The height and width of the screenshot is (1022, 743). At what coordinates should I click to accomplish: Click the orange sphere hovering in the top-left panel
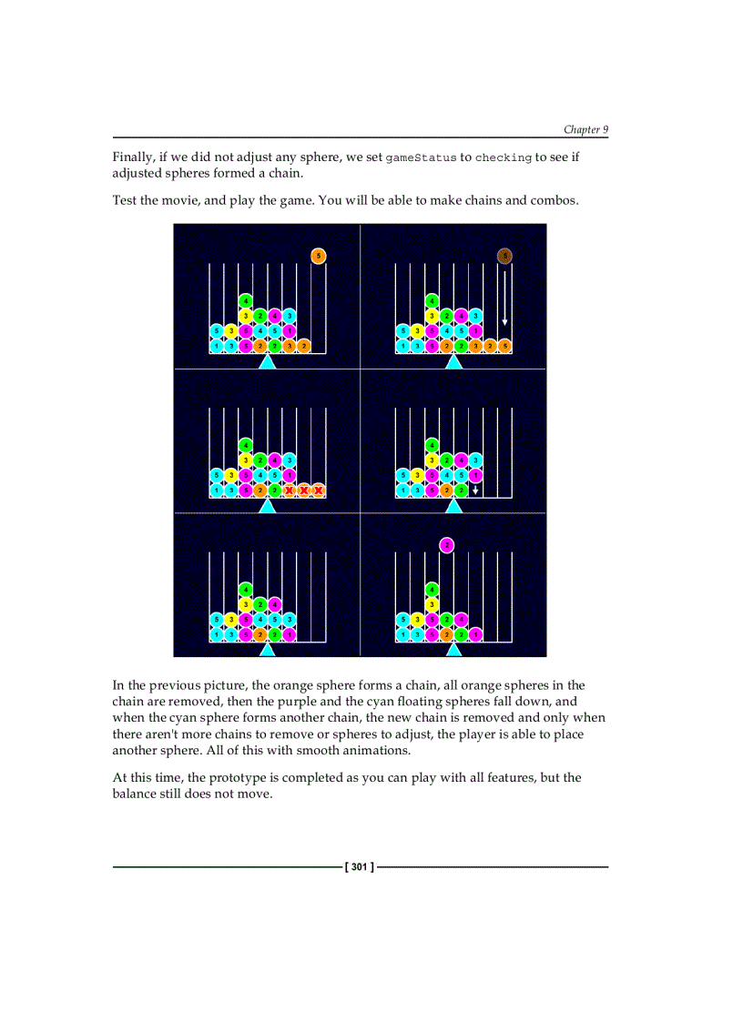pos(318,256)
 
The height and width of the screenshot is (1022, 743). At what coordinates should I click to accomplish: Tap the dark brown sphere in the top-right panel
pos(504,256)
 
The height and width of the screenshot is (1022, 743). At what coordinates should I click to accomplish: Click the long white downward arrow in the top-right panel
pos(504,299)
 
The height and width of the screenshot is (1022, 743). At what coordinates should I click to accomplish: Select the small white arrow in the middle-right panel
pos(475,491)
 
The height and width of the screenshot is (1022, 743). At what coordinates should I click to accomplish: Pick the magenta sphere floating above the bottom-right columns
pos(446,545)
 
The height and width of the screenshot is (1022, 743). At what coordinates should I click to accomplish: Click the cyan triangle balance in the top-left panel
pos(267,362)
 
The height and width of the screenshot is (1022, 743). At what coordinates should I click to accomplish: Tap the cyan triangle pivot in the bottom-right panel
pos(453,650)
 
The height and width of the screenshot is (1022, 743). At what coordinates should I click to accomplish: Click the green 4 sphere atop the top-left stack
pos(246,300)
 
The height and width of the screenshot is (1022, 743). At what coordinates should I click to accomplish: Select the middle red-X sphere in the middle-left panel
pos(304,491)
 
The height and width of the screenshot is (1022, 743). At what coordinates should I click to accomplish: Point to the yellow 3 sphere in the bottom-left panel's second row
pos(246,604)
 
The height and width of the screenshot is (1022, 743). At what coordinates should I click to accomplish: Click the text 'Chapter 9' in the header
pos(585,129)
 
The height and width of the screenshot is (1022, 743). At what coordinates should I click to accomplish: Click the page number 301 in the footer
pos(360,867)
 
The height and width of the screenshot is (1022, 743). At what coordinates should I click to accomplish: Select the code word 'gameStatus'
pos(421,158)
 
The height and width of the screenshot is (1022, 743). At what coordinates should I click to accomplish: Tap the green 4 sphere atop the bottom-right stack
pos(432,589)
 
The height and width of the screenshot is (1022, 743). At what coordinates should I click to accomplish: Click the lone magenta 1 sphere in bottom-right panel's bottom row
pos(475,634)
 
